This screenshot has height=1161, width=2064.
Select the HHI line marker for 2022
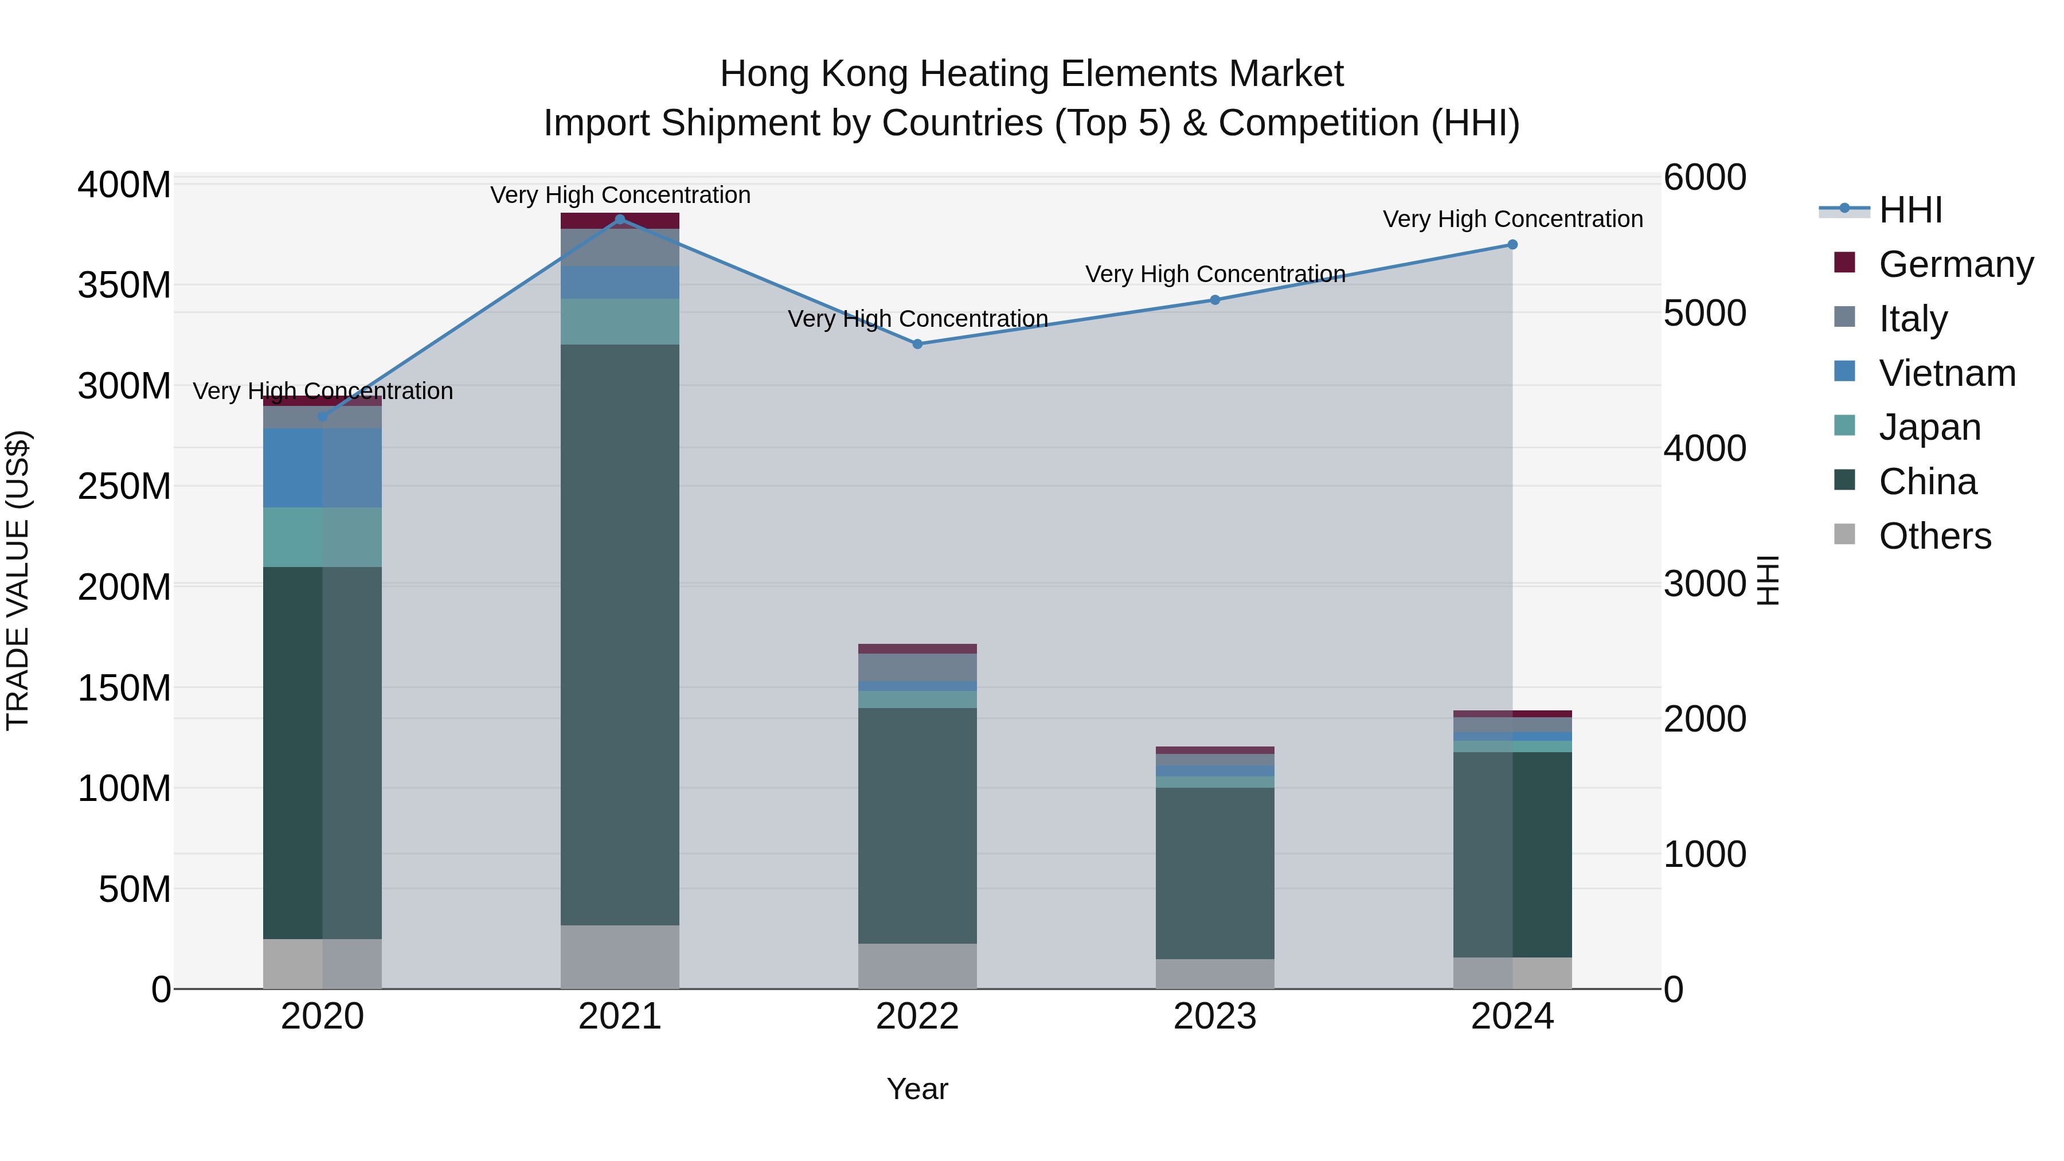click(917, 345)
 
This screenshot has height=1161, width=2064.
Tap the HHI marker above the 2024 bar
click(1513, 244)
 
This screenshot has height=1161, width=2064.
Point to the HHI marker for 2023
click(1215, 300)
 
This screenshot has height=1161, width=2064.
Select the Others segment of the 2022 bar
click(917, 965)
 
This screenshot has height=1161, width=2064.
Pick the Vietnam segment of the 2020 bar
click(322, 467)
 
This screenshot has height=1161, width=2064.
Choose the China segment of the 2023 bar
click(1215, 873)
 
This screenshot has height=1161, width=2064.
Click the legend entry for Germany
click(1955, 264)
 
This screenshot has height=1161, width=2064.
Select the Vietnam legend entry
click(1947, 373)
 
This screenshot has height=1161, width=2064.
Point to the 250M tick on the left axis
click(124, 486)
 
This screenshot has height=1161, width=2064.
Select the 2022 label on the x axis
click(917, 1017)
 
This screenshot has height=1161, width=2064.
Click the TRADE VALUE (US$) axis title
click(18, 580)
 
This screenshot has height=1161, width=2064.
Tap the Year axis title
click(917, 1089)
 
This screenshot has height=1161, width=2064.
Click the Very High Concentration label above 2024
click(1513, 219)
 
